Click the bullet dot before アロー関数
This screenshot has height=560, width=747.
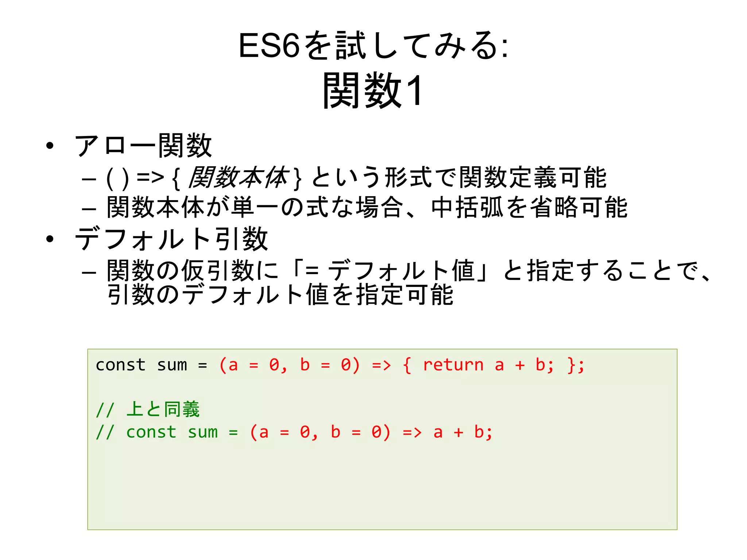[50, 146]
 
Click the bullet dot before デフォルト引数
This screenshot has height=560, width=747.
[50, 239]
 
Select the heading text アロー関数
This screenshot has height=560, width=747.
[143, 146]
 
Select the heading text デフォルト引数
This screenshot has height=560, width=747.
[171, 239]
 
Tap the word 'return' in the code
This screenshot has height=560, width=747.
[453, 365]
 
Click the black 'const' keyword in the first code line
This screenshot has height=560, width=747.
[120, 365]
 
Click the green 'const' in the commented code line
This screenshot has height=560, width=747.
[151, 432]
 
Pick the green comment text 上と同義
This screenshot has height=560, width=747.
[163, 409]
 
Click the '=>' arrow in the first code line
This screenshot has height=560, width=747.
[382, 365]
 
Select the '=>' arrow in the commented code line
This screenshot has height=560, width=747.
[412, 432]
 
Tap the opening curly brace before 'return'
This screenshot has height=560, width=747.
[407, 365]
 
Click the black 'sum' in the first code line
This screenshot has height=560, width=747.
[172, 365]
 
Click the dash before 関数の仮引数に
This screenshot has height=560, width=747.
[89, 272]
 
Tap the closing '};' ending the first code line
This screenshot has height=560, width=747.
[576, 365]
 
